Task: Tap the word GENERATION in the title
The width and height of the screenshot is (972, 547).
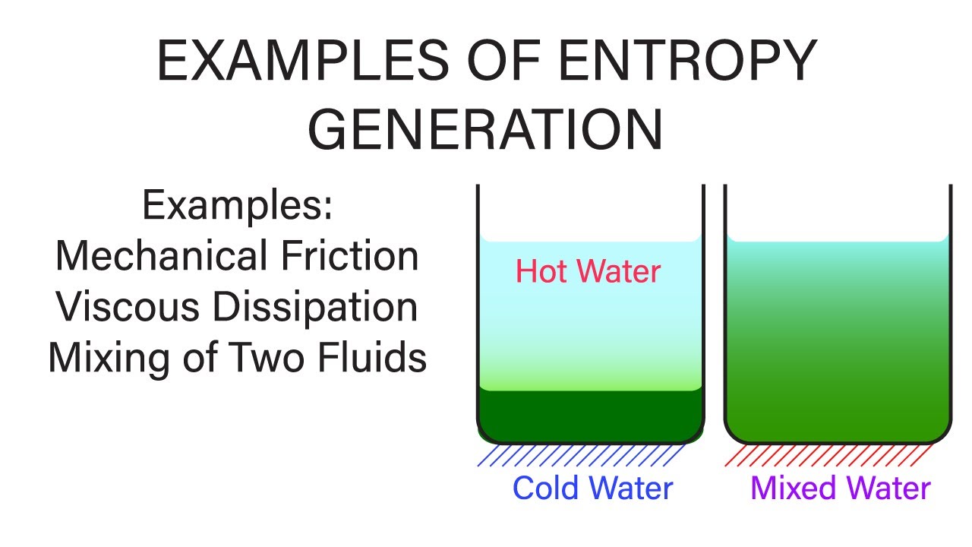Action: (486, 129)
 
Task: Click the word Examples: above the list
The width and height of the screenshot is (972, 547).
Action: (237, 206)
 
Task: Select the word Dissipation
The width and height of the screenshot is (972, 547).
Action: (315, 307)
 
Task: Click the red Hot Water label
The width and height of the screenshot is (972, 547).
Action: (588, 271)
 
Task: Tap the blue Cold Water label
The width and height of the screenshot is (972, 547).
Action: (592, 488)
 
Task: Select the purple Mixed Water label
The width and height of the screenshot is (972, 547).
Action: (840, 488)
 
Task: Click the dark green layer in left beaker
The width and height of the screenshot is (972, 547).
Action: (589, 414)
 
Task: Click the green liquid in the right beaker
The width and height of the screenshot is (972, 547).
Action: (837, 342)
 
